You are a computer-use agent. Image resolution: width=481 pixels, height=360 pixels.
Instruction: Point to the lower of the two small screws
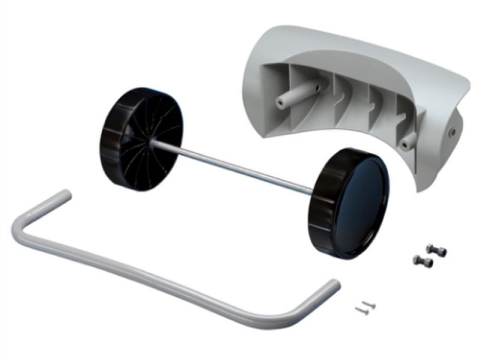point(361,310)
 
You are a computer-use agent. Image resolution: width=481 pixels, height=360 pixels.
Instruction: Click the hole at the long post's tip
point(280,103)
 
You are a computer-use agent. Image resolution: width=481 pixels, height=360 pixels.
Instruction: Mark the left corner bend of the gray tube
point(21,231)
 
